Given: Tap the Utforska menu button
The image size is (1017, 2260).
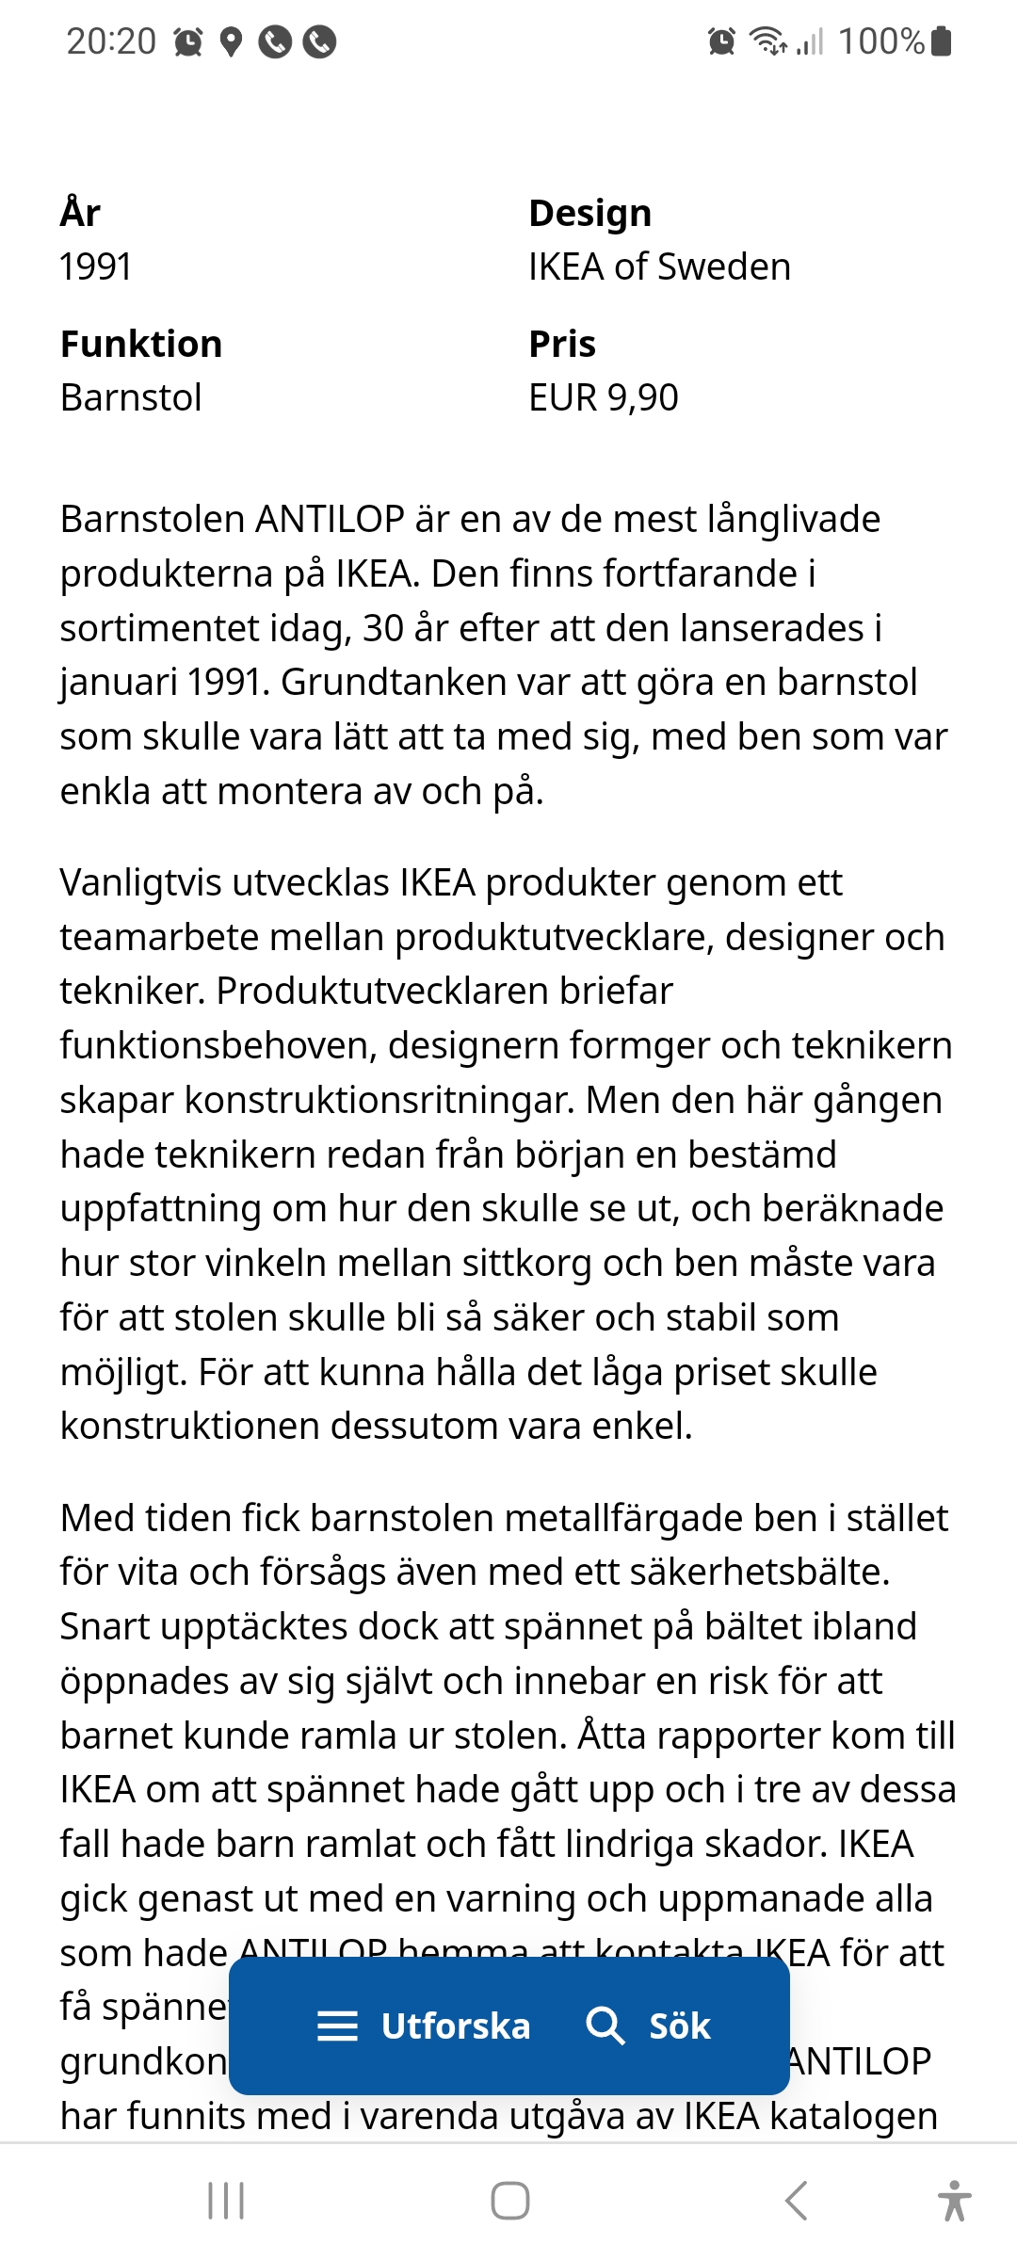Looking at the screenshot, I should (424, 2026).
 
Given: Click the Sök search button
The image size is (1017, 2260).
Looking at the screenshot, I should (649, 2026).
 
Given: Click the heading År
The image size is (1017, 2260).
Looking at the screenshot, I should (80, 213).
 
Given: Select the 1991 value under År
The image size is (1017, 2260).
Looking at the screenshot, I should (95, 267).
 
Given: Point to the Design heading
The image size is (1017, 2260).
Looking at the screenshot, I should (589, 213).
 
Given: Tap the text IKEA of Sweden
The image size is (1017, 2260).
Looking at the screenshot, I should (659, 267).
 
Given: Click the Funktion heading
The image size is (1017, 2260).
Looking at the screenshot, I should (141, 344).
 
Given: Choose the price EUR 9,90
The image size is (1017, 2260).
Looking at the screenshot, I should (603, 397).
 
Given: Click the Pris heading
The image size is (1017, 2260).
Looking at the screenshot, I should (562, 344).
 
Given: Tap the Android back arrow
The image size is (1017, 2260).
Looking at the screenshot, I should (796, 2201).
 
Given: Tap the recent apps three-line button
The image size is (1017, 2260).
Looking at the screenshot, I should (226, 2201).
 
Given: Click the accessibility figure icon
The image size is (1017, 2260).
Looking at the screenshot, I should (954, 2201).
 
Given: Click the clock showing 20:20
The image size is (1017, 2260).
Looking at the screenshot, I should (111, 41).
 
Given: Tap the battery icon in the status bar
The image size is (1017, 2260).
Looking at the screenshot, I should (941, 41).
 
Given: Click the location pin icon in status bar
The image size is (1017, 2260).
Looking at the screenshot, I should (231, 42).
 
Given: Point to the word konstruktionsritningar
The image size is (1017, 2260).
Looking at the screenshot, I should (379, 1100).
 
